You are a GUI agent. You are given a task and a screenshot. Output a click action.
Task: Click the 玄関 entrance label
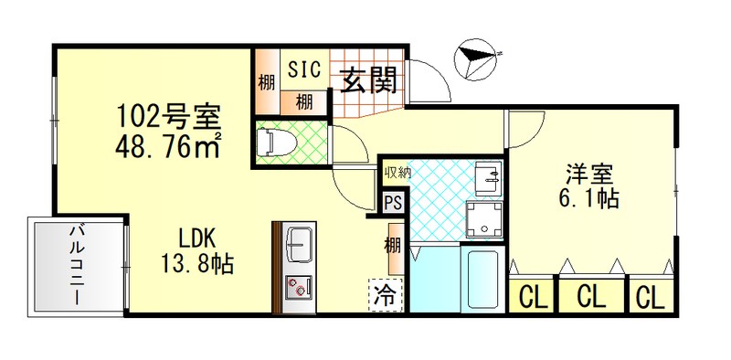coord(368,82)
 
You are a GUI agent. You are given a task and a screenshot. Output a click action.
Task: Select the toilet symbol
coord(274,143)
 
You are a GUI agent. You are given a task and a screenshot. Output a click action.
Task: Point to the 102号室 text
coord(167,117)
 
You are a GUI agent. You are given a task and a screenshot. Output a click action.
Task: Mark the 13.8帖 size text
coord(198,265)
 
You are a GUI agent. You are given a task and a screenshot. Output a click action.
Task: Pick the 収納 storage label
coord(395,172)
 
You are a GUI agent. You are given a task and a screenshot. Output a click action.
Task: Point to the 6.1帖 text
coord(588,197)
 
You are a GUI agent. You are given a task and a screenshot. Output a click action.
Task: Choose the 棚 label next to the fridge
coord(392,246)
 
